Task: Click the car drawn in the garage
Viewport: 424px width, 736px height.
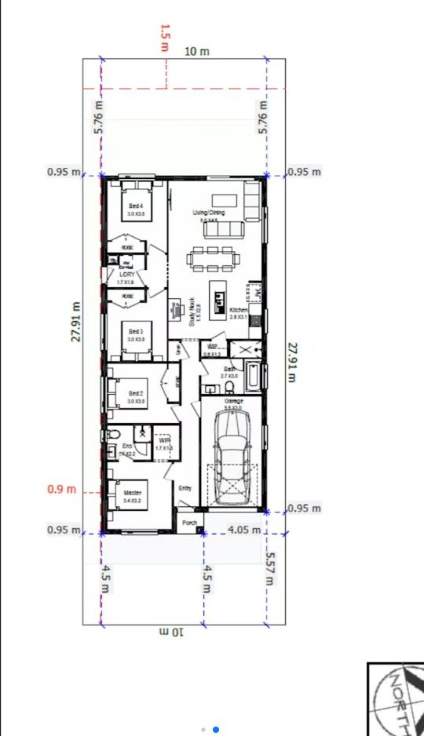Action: point(232,458)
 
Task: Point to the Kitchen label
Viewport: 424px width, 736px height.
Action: point(239,311)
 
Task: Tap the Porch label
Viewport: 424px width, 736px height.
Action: point(188,522)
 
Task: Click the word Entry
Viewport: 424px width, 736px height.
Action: point(185,488)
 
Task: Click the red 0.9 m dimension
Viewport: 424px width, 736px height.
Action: point(62,490)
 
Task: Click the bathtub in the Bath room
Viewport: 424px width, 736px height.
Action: point(253,377)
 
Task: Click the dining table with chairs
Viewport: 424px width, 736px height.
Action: point(212,257)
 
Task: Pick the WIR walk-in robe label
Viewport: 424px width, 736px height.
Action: point(164,442)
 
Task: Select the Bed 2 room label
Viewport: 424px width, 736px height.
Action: point(136,394)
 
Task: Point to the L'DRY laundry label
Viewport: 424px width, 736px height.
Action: point(126,275)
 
